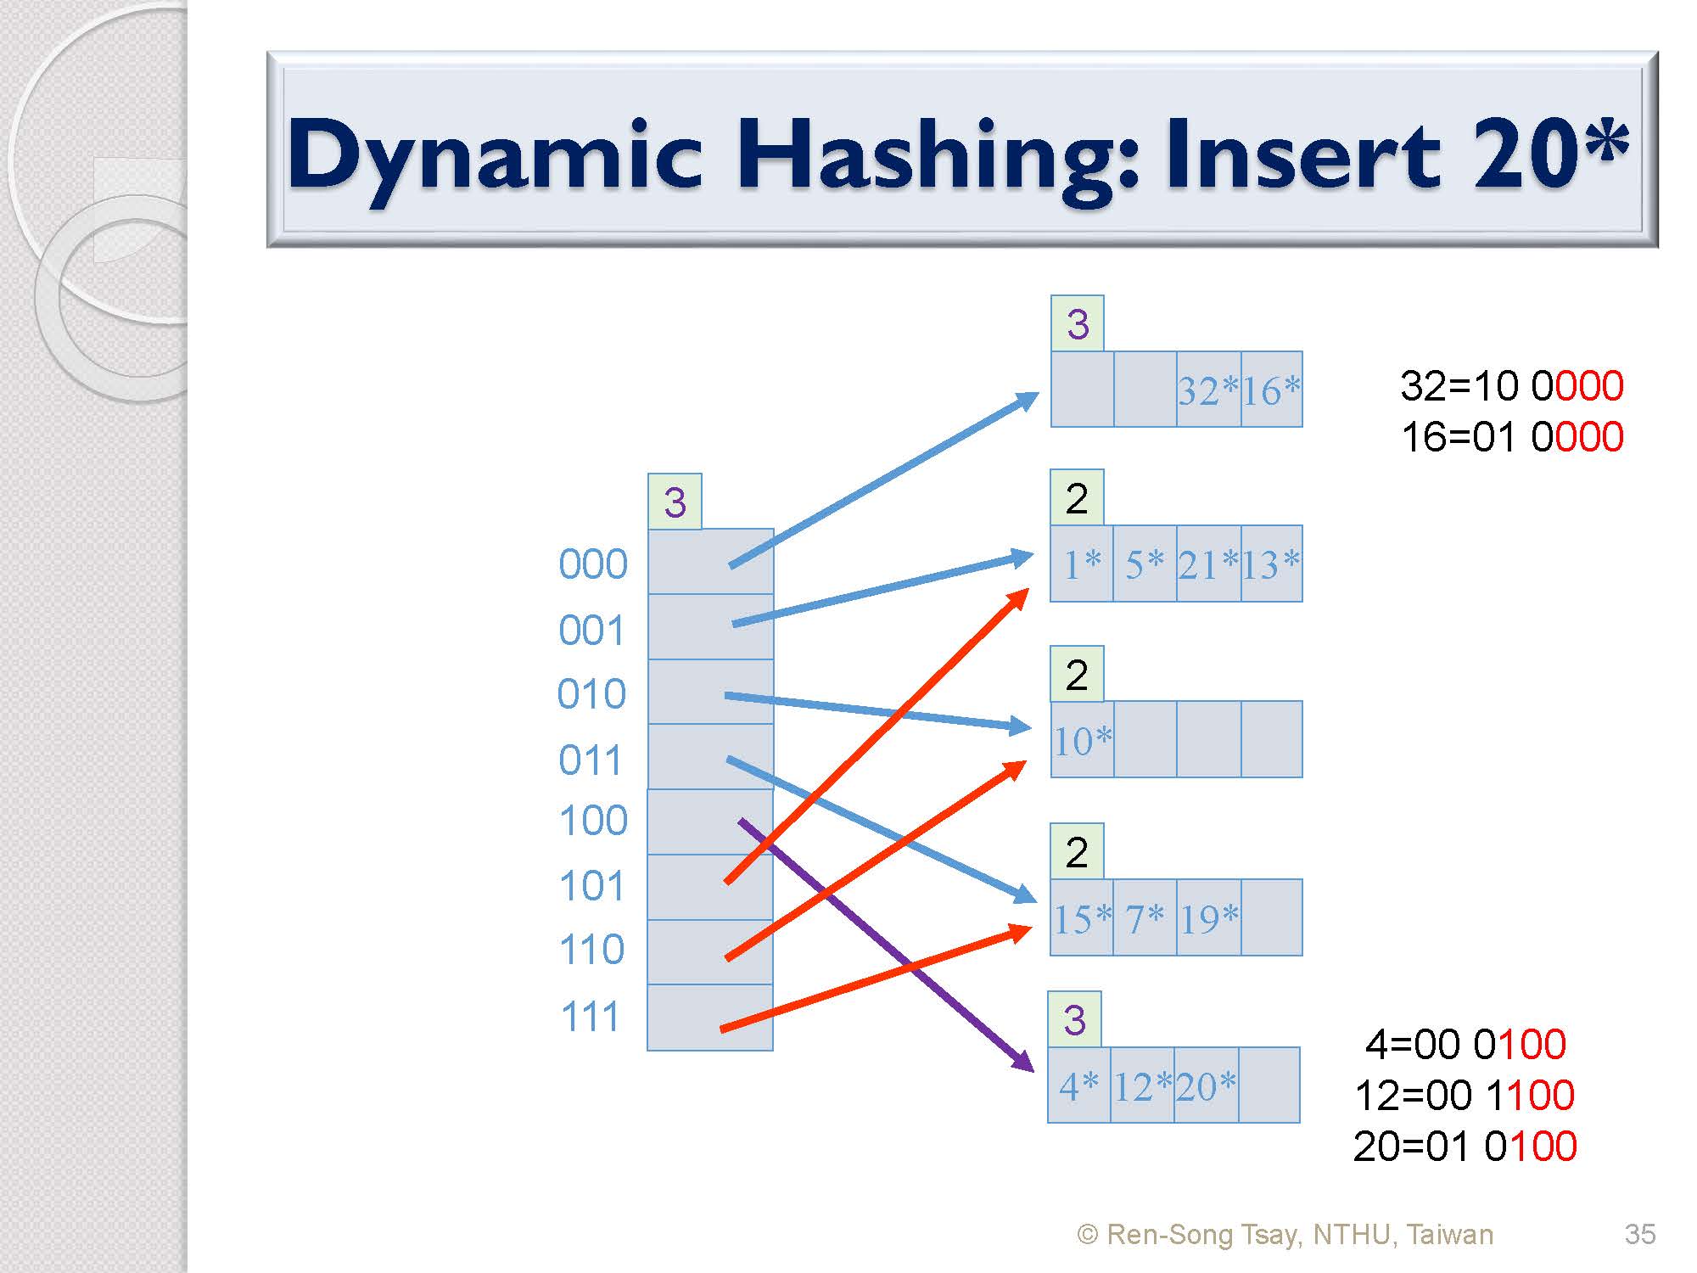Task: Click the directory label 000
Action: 593,564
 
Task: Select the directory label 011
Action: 590,760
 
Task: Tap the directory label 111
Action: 591,1016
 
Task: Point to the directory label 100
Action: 593,821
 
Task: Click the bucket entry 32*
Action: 1208,391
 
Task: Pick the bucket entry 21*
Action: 1208,565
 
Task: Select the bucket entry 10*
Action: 1083,741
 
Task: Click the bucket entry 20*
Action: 1206,1086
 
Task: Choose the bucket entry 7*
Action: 1145,918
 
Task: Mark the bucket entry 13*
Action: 1271,565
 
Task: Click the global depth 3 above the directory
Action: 675,502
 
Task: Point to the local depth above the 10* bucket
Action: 1077,675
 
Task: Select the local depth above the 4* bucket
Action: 1075,1020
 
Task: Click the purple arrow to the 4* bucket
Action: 887,945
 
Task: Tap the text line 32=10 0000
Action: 1512,386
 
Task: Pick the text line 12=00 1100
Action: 1465,1095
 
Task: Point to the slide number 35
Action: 1640,1234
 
